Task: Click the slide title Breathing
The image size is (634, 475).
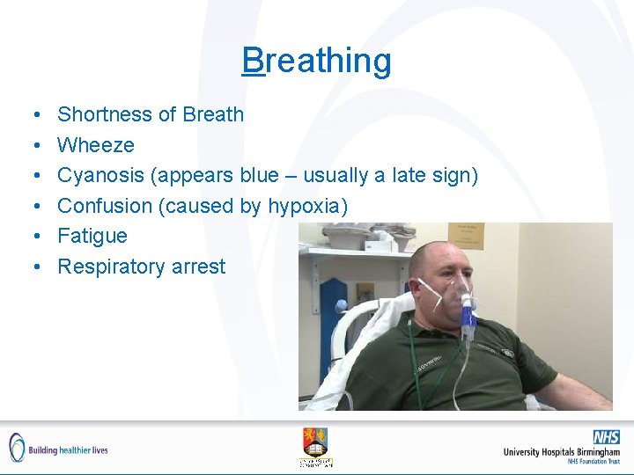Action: pyautogui.click(x=317, y=61)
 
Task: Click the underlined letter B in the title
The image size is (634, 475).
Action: pyautogui.click(x=253, y=61)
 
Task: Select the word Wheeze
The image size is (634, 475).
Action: pyautogui.click(x=96, y=144)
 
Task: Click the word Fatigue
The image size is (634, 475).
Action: pyautogui.click(x=92, y=236)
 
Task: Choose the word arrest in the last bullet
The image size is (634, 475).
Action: pyautogui.click(x=199, y=267)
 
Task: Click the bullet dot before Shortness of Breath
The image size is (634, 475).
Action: pyautogui.click(x=33, y=115)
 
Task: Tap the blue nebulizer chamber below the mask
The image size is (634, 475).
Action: pyautogui.click(x=467, y=327)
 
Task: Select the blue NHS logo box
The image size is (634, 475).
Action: pyautogui.click(x=605, y=437)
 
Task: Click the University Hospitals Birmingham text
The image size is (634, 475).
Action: pyautogui.click(x=561, y=452)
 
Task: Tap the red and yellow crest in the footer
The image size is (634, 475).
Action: pyautogui.click(x=315, y=441)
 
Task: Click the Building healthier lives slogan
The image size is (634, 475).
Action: pyautogui.click(x=68, y=449)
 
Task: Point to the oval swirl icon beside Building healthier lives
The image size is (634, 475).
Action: pyautogui.click(x=17, y=448)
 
